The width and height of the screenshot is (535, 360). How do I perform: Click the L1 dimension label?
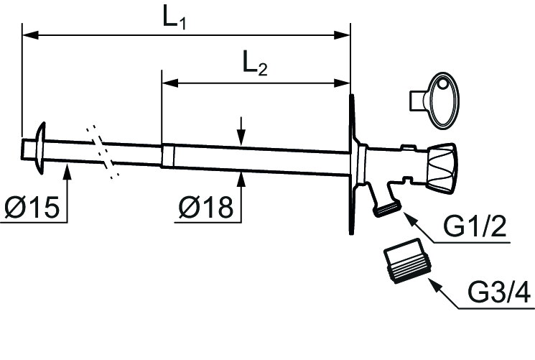175,17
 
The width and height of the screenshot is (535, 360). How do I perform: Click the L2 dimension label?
255,63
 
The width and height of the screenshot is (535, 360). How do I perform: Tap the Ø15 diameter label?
32,208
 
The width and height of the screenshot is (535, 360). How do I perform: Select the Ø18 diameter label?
206,207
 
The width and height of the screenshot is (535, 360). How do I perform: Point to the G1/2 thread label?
475,227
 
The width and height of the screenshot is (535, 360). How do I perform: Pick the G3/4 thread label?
499,292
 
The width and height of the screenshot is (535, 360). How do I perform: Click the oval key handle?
443,101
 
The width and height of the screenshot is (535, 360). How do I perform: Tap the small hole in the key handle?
443,83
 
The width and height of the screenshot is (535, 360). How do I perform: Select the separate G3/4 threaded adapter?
406,260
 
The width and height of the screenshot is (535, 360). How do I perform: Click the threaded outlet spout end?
388,208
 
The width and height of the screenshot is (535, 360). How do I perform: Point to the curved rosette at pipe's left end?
40,147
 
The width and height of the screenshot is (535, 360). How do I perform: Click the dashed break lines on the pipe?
103,152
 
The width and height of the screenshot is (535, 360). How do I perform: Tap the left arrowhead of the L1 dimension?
30,34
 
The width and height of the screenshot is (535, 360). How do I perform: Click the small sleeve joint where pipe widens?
168,156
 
